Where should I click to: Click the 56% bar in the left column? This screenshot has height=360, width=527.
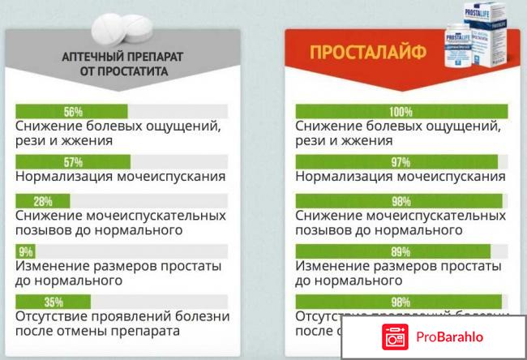(x=72, y=111)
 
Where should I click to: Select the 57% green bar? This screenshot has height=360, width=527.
(x=73, y=161)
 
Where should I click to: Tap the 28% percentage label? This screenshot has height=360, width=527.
(x=43, y=201)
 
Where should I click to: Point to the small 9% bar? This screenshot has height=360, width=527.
(x=25, y=251)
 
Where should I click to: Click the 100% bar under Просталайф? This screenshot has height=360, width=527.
(x=401, y=111)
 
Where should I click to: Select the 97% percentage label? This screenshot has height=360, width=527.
(x=401, y=161)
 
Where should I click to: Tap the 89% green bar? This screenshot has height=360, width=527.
(x=392, y=251)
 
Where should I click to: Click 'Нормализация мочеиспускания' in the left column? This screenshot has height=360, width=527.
(x=120, y=176)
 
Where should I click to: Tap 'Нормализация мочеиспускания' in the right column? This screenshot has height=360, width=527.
(x=401, y=176)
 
